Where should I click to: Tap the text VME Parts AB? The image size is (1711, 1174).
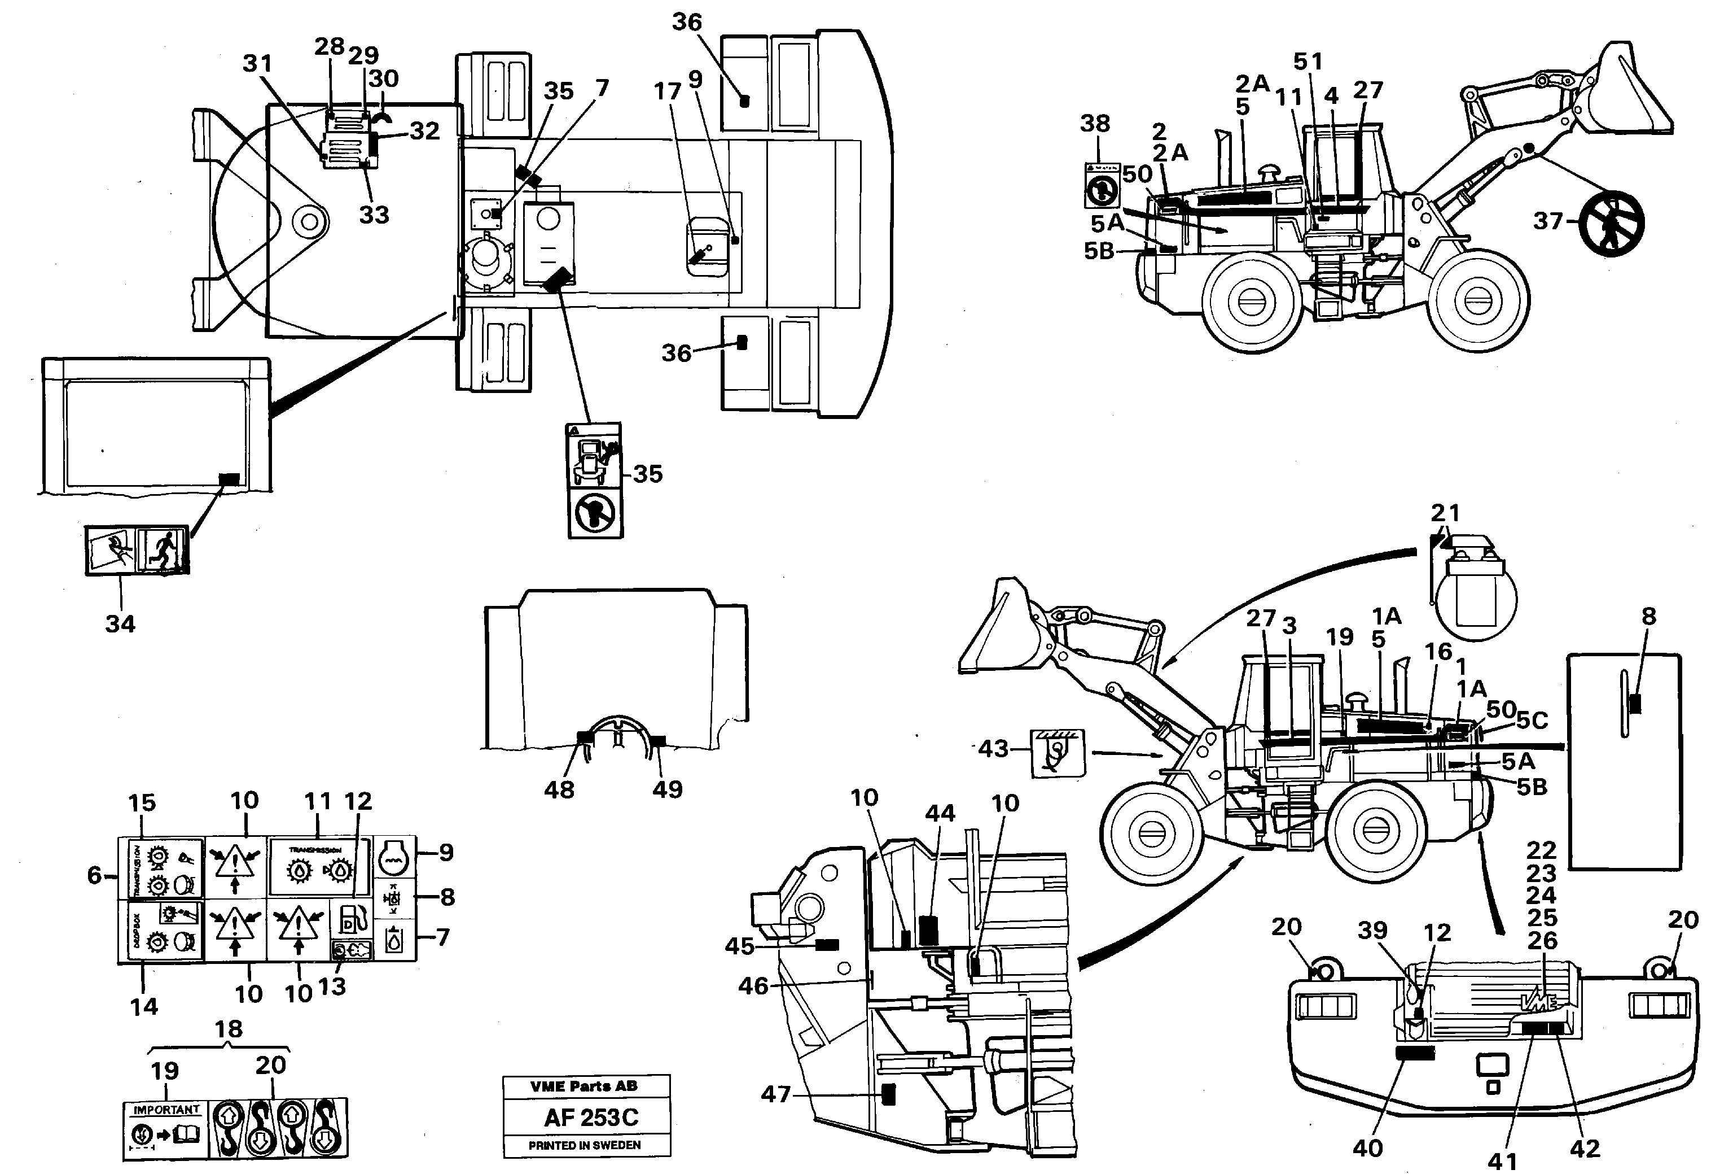coord(584,1086)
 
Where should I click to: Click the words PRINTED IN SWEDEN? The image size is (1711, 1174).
coord(585,1145)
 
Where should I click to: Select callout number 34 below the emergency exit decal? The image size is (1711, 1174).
coord(120,624)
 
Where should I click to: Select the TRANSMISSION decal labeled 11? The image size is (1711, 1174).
coord(319,870)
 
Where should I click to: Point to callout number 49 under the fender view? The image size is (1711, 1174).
coord(667,789)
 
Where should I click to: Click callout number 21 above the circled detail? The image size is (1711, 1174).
coord(1445,513)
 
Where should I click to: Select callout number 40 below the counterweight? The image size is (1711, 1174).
coord(1367,1147)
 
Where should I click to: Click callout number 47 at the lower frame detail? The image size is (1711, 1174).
coord(775,1094)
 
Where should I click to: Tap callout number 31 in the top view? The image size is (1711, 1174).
coord(258,63)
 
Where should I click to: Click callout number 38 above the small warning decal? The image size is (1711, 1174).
coord(1095,123)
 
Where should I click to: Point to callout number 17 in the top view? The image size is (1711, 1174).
coord(667,91)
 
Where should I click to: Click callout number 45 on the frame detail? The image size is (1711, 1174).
coord(739,946)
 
